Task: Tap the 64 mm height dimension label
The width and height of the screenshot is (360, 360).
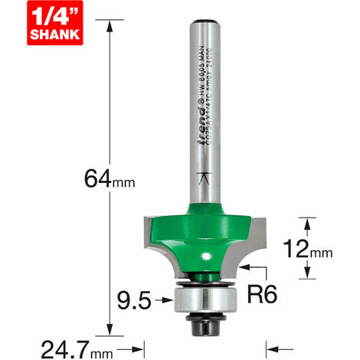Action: pos(101,183)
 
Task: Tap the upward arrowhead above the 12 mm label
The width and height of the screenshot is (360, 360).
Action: pos(308,222)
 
